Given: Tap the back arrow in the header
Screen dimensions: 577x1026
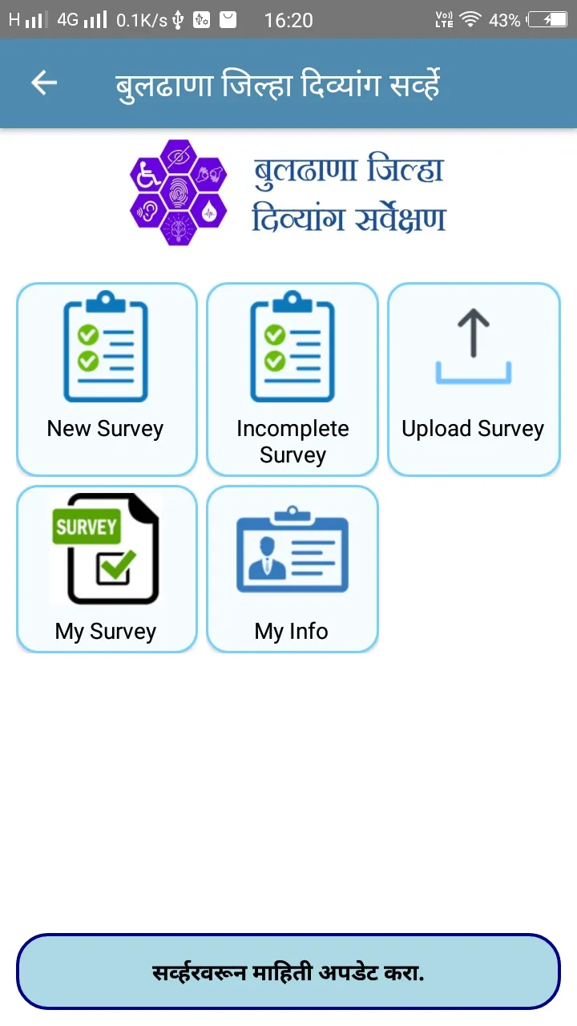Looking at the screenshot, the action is (x=44, y=83).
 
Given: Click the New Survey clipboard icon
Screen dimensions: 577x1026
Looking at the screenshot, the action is (x=106, y=346).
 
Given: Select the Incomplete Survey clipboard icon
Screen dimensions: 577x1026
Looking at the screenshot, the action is (x=293, y=346).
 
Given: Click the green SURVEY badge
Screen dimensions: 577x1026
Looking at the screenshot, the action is (x=87, y=527).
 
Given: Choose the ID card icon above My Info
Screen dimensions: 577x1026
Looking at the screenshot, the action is (x=293, y=550).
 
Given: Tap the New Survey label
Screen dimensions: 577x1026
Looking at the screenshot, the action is (x=105, y=429).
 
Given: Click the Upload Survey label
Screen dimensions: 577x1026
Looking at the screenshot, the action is (x=473, y=429).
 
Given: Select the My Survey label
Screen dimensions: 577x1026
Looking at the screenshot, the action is (x=106, y=632).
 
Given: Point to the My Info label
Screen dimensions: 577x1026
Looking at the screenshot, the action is (x=292, y=631).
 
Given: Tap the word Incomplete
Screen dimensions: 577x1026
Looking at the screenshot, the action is (x=293, y=429).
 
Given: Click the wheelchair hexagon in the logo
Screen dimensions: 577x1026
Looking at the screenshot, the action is (x=147, y=175).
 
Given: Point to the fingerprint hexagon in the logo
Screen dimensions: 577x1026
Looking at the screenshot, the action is (x=179, y=193).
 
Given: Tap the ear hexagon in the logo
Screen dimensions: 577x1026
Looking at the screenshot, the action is (x=147, y=211).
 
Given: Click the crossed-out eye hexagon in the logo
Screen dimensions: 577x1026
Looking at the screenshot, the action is (x=179, y=156).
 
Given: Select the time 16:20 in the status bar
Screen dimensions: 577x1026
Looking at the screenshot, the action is (x=288, y=21).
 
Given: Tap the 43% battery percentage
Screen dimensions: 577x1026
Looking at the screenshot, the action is (x=505, y=21).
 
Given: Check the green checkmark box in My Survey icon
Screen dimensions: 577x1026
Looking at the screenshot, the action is (x=116, y=566).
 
